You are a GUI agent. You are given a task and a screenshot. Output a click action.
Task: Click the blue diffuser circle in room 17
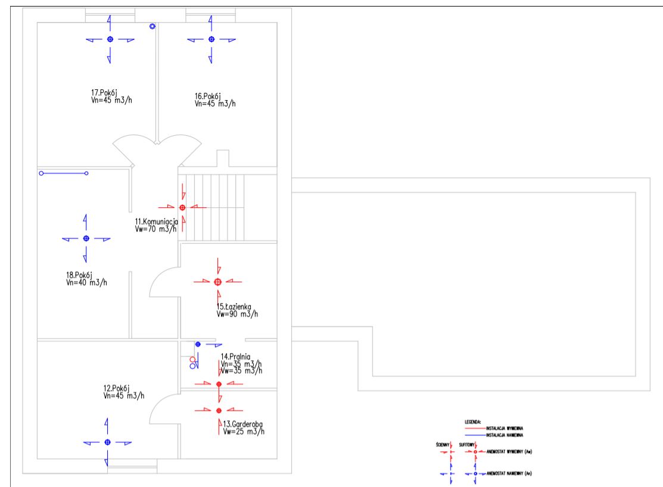(110, 39)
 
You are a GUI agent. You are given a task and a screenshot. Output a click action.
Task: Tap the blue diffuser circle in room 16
(211, 39)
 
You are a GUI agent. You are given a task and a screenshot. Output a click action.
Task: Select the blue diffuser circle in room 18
(86, 238)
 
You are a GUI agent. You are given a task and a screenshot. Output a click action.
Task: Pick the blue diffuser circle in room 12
(107, 442)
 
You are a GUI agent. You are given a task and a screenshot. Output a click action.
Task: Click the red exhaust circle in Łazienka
(218, 282)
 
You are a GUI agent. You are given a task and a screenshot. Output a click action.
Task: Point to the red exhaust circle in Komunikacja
(182, 207)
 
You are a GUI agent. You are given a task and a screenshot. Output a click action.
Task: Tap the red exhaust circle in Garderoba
(219, 411)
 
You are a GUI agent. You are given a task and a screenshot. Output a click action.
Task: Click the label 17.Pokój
(103, 93)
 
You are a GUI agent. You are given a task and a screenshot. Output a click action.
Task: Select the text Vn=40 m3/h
(87, 282)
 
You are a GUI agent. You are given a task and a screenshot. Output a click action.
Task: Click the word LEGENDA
(472, 422)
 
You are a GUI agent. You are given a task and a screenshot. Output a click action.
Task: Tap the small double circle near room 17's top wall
(152, 26)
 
